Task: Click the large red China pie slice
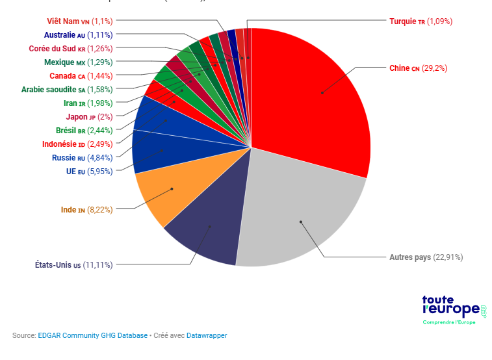tap(312, 97)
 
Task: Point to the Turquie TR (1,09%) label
tap(421, 21)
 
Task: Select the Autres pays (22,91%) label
tap(426, 257)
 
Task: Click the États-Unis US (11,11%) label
tap(73, 264)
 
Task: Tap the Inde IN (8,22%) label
tap(86, 210)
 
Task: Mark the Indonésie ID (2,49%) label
tap(77, 144)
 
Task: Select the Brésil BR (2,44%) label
tap(84, 131)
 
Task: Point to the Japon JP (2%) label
tap(89, 117)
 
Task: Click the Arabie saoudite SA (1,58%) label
tap(67, 90)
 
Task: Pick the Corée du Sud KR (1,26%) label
tap(71, 49)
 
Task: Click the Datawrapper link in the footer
tap(207, 335)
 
